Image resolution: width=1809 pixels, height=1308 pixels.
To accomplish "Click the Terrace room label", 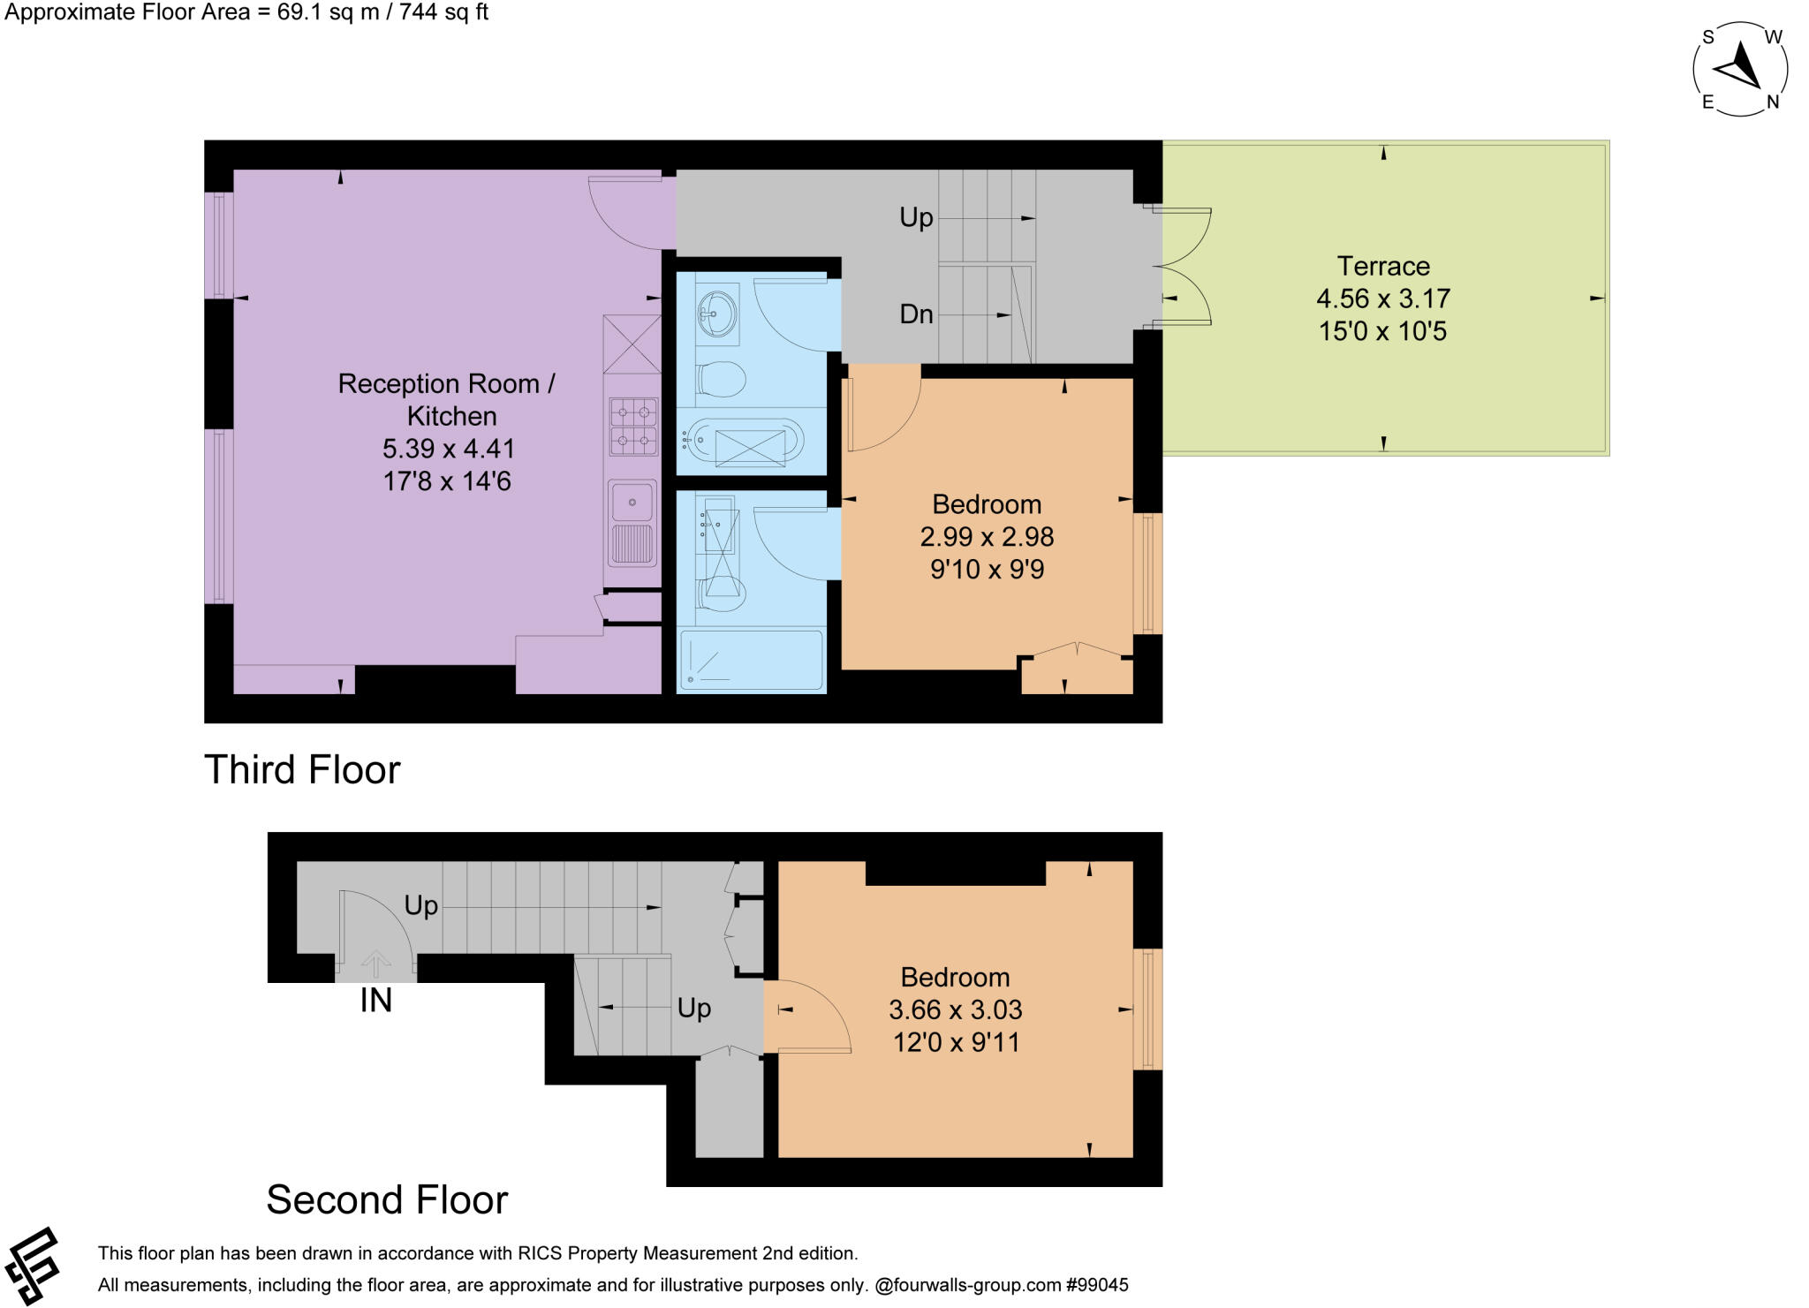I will click(x=1382, y=266).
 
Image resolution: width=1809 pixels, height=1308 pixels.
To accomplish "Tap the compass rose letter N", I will click(x=1772, y=102).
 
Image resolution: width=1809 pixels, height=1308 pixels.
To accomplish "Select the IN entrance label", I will click(x=375, y=1001).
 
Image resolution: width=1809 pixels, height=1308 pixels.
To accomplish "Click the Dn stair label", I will click(x=916, y=314).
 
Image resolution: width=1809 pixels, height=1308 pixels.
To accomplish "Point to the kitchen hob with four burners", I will click(x=633, y=427).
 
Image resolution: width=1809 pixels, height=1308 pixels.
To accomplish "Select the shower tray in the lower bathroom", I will click(x=752, y=659).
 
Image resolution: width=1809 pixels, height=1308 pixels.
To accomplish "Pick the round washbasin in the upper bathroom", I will click(x=716, y=310).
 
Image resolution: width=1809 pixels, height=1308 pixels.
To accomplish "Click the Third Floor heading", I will click(x=302, y=769).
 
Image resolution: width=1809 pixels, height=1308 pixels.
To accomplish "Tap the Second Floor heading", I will click(x=387, y=1200).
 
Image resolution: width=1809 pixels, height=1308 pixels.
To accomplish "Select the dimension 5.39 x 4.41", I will click(x=448, y=449).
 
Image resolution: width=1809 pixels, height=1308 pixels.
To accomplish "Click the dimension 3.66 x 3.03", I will click(x=955, y=1009).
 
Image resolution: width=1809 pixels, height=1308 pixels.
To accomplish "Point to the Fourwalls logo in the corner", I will click(x=32, y=1266).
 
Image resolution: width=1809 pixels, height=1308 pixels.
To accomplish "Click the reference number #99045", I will click(x=1097, y=1285).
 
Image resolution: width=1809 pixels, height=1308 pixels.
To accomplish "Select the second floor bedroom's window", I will click(x=1147, y=1009).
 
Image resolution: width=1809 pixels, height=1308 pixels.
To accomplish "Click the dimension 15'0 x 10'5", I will click(x=1382, y=331).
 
